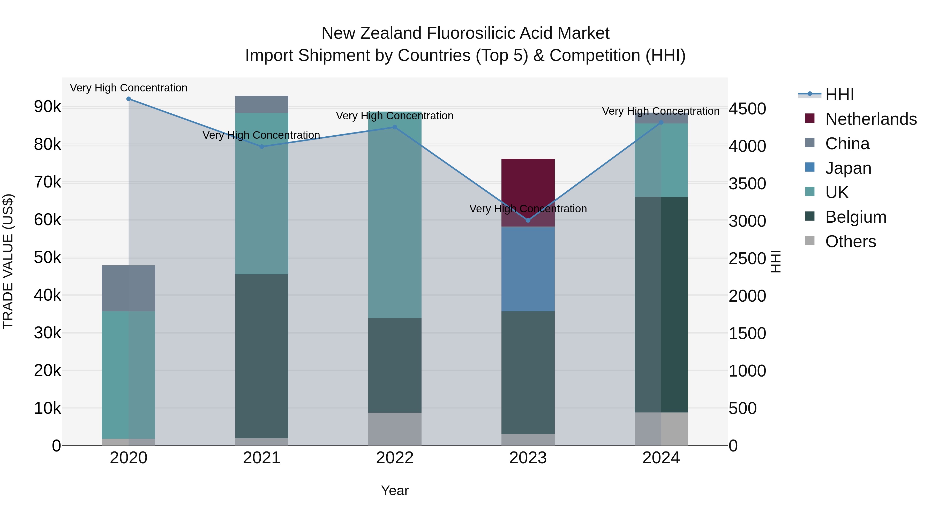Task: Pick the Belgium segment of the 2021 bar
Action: (x=262, y=356)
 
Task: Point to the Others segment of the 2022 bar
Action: (x=395, y=429)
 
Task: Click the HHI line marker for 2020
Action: (x=129, y=99)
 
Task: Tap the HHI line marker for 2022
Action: (x=395, y=127)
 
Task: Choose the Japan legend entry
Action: (x=848, y=168)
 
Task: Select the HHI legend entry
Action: (x=839, y=95)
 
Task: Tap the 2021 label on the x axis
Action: (x=262, y=458)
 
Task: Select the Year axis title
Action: (x=395, y=490)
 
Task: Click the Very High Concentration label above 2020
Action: (x=129, y=88)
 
